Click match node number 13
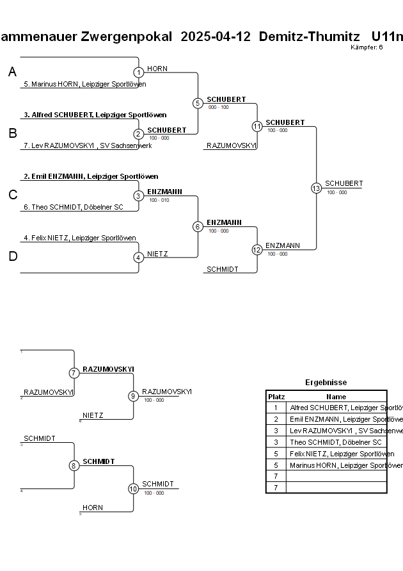click(x=316, y=188)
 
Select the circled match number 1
click(x=139, y=72)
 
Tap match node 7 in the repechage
click(x=74, y=373)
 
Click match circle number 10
click(x=133, y=488)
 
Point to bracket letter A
click(x=12, y=72)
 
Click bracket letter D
click(x=12, y=257)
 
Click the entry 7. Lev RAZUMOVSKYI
click(x=87, y=145)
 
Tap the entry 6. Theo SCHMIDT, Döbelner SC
click(x=73, y=207)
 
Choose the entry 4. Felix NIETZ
click(x=79, y=238)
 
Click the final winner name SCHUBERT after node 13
click(x=344, y=184)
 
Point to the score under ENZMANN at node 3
click(x=159, y=200)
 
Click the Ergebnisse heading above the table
click(x=326, y=383)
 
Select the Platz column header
click(x=276, y=397)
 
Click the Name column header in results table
click(x=336, y=397)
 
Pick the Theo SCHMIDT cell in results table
click(x=335, y=442)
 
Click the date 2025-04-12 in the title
click(x=215, y=37)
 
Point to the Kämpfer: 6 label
click(x=367, y=47)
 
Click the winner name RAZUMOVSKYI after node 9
click(x=166, y=392)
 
